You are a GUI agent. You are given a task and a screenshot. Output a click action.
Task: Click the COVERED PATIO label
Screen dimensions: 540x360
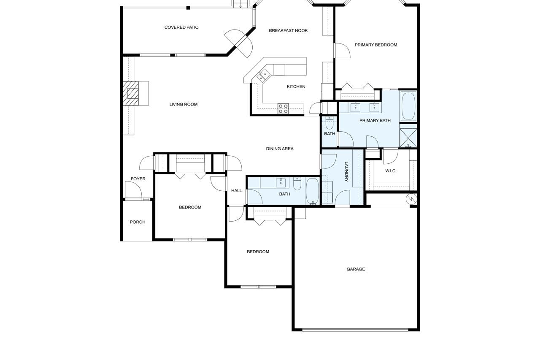coord(181,27)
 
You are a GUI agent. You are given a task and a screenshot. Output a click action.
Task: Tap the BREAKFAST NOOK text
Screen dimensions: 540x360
coord(288,30)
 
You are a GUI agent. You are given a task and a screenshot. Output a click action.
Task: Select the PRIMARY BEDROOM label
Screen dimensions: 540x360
coord(376,45)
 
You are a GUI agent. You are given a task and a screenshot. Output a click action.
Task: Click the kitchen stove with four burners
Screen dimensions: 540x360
coord(283,108)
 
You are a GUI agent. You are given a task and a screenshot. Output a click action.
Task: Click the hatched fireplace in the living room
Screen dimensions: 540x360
coord(131,93)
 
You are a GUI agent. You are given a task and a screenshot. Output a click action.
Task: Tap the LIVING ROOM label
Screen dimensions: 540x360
coord(184,104)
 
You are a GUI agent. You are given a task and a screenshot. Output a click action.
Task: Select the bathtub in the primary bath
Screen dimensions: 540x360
coord(408,106)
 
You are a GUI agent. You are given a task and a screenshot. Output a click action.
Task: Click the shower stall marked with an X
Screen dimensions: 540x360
coord(408,135)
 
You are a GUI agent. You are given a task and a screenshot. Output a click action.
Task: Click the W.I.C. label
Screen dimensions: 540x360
coord(391,171)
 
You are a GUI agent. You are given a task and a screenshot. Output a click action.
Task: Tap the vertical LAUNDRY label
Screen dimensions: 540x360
coord(346,171)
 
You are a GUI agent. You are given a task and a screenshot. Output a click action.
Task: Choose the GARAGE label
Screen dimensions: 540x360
coord(356,269)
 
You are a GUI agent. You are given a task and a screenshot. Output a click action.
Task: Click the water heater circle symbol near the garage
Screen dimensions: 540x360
coord(411,199)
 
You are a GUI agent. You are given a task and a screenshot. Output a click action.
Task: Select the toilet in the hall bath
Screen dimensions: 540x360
coord(297,184)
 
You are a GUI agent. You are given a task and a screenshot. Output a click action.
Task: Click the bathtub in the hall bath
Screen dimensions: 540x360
coord(313,192)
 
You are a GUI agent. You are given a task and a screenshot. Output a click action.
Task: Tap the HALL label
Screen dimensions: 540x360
coord(237,191)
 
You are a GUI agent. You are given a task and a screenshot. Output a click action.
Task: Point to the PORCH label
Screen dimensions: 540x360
coord(138,222)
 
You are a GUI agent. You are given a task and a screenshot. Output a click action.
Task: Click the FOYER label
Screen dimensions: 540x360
coord(138,179)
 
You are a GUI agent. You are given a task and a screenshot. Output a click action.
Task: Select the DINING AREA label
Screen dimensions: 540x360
coord(280,149)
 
